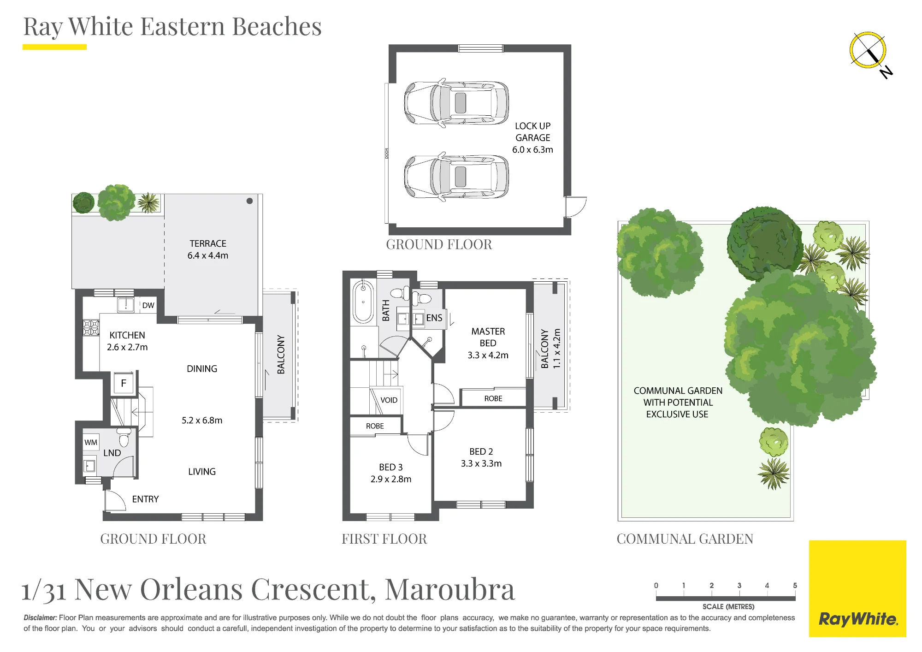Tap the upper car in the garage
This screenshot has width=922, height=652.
[x=456, y=102]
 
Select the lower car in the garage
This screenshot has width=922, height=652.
[x=456, y=177]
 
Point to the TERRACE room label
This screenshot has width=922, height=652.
[x=208, y=243]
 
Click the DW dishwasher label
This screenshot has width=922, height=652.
[x=148, y=305]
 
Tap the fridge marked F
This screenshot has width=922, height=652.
[x=124, y=383]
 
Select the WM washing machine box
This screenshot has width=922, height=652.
[x=91, y=442]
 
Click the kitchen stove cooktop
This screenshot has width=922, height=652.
[x=91, y=328]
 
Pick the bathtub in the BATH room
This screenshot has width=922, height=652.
[x=363, y=302]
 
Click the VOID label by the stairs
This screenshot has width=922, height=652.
[x=389, y=400]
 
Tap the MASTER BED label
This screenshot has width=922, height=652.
[x=488, y=337]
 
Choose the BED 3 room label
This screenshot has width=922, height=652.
[x=391, y=467]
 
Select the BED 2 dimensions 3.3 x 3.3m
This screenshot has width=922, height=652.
[x=481, y=463]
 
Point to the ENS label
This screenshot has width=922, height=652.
[x=434, y=318]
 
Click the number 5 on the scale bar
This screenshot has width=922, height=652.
[x=795, y=586]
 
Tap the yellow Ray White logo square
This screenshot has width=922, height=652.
[x=857, y=589]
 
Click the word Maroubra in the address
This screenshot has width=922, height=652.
[x=449, y=589]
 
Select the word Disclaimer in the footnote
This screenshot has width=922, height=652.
[x=41, y=617]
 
